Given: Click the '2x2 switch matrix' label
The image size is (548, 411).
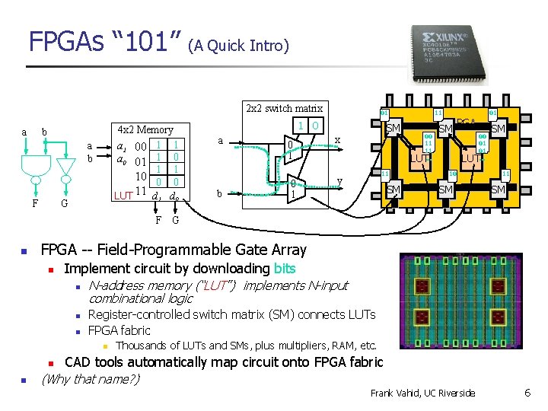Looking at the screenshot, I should point(284,108).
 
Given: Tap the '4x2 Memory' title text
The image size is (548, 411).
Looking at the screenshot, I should point(145,130).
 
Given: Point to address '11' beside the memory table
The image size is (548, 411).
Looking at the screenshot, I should point(140,190).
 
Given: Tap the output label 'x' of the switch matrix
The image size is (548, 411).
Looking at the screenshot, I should point(337,139).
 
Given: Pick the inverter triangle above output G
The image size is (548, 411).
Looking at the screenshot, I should point(67,164).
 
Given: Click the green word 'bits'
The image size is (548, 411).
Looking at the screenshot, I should point(285,268).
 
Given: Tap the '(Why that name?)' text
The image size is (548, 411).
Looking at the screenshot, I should point(91,378).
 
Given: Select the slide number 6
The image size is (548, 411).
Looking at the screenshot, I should point(527,393).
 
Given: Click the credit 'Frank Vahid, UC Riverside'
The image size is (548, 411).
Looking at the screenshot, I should point(422,393).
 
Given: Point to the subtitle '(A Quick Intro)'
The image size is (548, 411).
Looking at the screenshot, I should point(240,46).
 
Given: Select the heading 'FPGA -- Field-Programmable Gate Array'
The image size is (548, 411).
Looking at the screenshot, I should point(174,250).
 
